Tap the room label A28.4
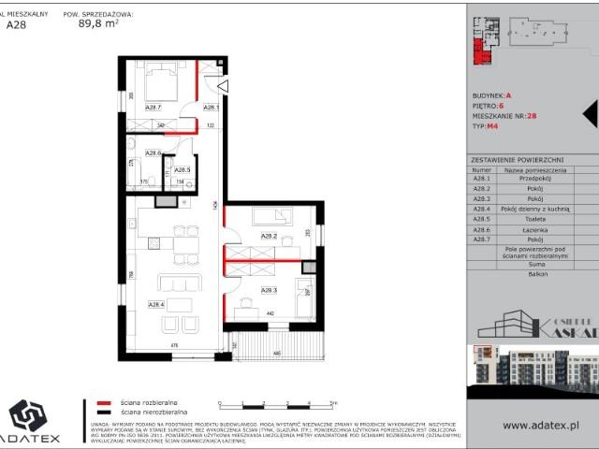156,303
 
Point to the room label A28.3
270,290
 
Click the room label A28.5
183,169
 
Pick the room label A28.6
154,152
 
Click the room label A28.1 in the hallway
212,108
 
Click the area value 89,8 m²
99,26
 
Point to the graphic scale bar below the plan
275,404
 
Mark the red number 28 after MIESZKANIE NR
532,115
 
